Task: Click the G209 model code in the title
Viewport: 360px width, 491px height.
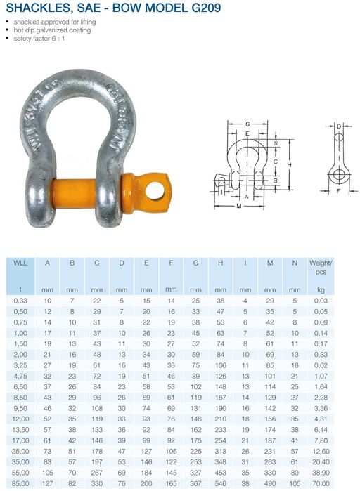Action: click(206, 8)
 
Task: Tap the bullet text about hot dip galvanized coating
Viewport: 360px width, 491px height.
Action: click(52, 30)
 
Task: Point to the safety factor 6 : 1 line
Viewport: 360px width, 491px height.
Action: click(39, 39)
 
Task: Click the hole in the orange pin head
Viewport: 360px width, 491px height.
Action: click(155, 190)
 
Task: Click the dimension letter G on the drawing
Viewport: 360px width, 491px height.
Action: click(247, 124)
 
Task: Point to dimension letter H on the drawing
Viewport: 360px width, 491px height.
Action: click(289, 164)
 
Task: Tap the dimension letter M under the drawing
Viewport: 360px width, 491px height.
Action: click(239, 206)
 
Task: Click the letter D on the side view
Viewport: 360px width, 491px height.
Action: click(339, 126)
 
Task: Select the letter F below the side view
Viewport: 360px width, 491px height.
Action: click(338, 190)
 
